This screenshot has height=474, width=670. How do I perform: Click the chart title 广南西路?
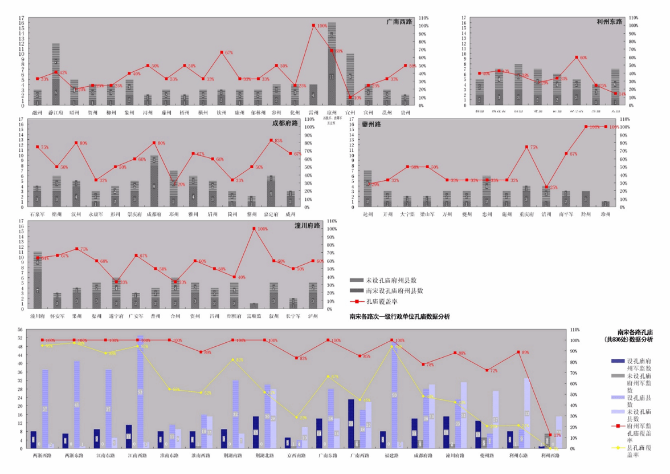pyautogui.click(x=399, y=22)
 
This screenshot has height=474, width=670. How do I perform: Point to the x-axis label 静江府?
pyautogui.click(x=56, y=113)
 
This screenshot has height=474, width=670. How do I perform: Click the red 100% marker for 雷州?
pyautogui.click(x=313, y=25)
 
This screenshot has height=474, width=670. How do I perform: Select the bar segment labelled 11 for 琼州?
pyautogui.click(x=332, y=76)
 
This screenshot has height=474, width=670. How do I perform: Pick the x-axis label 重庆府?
pyautogui.click(x=526, y=214)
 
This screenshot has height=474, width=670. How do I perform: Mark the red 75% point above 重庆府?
pyautogui.click(x=526, y=147)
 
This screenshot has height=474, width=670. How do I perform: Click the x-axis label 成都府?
pyautogui.click(x=154, y=214)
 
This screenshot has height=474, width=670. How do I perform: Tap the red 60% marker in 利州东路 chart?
pyautogui.click(x=577, y=58)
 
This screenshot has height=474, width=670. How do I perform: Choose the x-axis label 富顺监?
pyautogui.click(x=254, y=315)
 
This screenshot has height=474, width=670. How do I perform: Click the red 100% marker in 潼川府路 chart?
pyautogui.click(x=254, y=229)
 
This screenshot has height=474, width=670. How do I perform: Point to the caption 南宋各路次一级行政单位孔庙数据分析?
pyautogui.click(x=399, y=317)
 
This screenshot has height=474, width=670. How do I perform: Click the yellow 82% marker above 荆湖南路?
pyautogui.click(x=232, y=360)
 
